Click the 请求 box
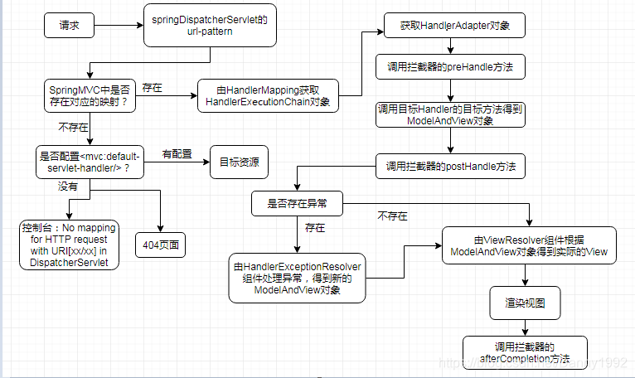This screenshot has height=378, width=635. [70, 25]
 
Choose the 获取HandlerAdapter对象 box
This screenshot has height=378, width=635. [455, 26]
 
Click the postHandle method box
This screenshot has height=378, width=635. [451, 167]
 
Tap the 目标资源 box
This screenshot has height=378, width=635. [238, 161]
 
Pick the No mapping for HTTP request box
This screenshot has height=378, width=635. [70, 245]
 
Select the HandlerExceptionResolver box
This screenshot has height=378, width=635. [297, 278]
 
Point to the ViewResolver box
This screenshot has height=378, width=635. [528, 245]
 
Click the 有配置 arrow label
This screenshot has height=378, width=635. [176, 153]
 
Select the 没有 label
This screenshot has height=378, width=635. [67, 187]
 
